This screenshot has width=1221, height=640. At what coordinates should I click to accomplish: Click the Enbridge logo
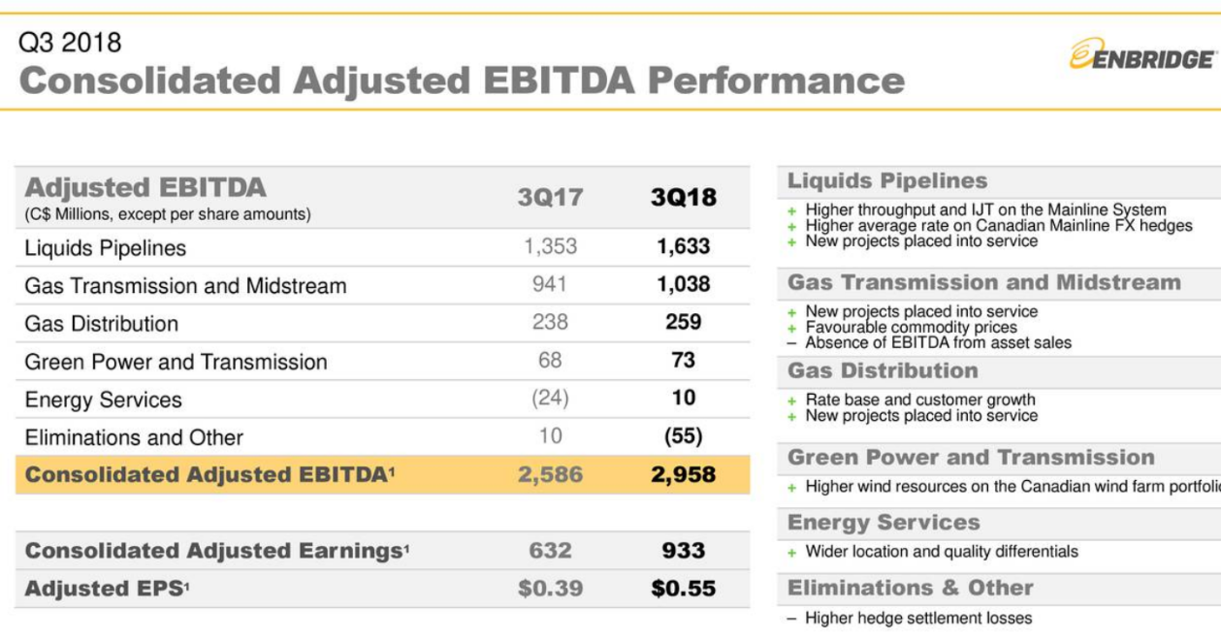pos(1141,55)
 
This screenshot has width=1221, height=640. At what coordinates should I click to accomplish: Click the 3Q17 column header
pos(550,198)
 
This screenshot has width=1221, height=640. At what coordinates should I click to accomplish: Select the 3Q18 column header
pos(684,198)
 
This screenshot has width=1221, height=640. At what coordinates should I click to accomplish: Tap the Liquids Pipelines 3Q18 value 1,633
pos(684,247)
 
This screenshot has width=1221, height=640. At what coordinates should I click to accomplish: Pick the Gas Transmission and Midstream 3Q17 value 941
pos(550,285)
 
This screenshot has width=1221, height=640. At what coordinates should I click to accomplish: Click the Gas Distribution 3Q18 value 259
pos(684,323)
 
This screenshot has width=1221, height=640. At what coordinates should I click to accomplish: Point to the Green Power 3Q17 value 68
pos(550,361)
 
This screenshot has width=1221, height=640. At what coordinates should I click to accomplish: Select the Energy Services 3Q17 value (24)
pos(550,399)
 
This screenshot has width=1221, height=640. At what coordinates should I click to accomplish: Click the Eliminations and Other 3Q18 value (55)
pos(684,436)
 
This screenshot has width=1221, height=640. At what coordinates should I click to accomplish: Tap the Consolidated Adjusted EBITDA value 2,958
pos(684,475)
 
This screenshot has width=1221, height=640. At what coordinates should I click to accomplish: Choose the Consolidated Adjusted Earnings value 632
pos(550,551)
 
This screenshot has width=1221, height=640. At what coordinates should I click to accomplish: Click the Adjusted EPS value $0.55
pos(684,589)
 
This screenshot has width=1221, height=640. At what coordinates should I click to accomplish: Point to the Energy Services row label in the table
pos(103,400)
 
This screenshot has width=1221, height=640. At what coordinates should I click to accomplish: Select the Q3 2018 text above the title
pos(71,43)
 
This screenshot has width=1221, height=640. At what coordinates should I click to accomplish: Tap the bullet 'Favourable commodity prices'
pos(911,328)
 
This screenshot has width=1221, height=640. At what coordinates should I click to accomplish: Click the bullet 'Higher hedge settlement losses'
pos(918,619)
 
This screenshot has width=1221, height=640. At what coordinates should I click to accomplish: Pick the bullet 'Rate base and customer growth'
pos(919,400)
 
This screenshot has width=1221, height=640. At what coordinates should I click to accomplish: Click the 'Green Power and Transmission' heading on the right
pos(971,458)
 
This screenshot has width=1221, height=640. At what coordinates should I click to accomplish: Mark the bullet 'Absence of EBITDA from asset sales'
pos(938,342)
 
